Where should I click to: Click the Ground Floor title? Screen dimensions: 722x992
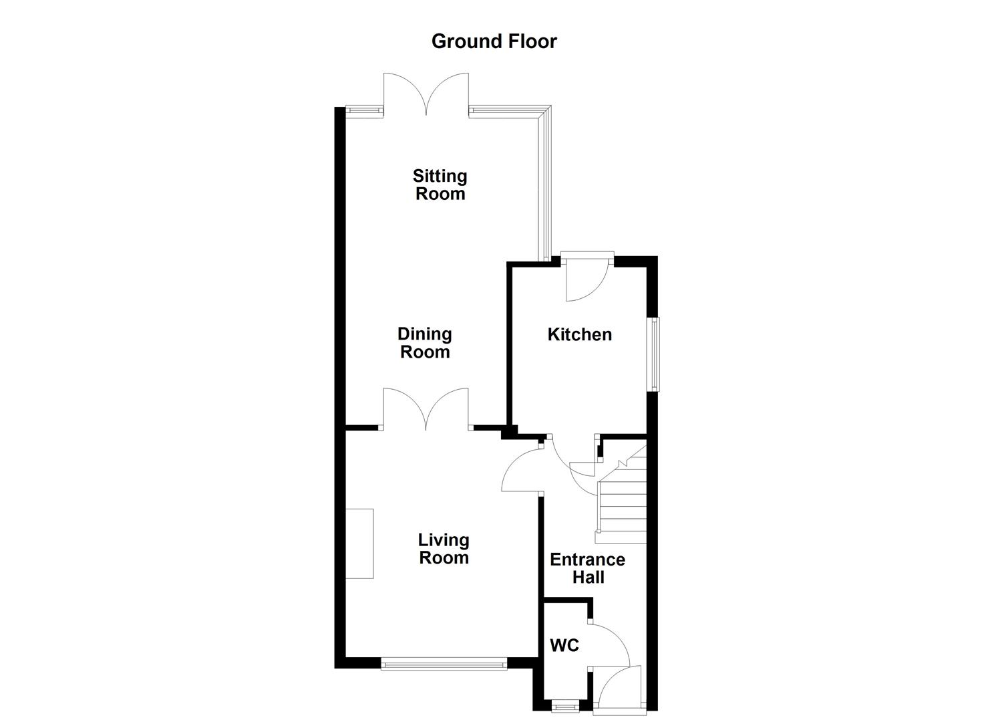[x=494, y=41]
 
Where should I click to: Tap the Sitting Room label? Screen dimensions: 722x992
[x=440, y=185]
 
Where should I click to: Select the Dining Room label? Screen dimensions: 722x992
[x=425, y=343]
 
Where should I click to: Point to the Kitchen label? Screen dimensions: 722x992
[x=579, y=334]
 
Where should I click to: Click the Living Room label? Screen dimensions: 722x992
[x=444, y=549]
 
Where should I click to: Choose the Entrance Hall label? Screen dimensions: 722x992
[x=587, y=568]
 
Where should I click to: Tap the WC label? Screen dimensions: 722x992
[x=564, y=646]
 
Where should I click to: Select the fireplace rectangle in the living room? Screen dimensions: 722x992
[x=359, y=543]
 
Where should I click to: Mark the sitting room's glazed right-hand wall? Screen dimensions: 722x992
[x=545, y=187]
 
